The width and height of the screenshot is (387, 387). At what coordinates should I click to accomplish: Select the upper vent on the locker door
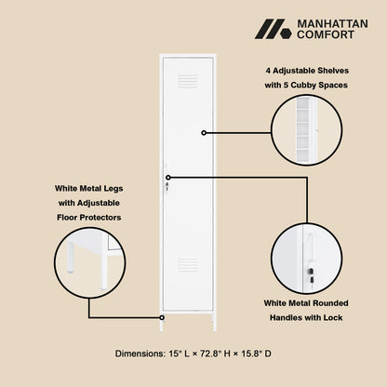pos(188,81)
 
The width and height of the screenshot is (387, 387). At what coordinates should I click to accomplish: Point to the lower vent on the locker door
pos(188,265)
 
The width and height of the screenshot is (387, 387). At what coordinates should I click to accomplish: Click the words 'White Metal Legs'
pos(87,188)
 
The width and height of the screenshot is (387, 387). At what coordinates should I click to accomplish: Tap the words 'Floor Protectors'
pos(87,217)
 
